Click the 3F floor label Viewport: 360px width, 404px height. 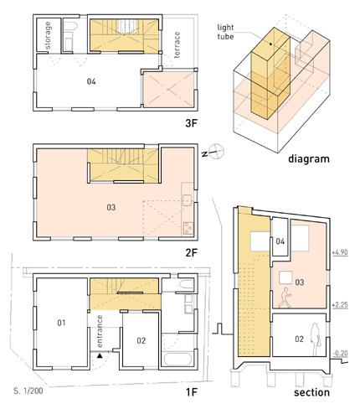(x=191, y=123)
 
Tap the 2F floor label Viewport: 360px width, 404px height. (x=191, y=253)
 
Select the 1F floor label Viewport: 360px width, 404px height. (x=192, y=392)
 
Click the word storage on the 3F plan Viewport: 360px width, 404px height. (x=48, y=35)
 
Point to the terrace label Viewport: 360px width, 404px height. (x=177, y=44)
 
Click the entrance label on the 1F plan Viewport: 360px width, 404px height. (x=100, y=331)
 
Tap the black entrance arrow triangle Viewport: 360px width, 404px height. (x=100, y=356)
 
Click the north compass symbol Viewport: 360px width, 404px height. (x=215, y=152)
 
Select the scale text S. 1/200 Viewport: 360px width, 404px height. (x=28, y=391)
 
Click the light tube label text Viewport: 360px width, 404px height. (x=225, y=32)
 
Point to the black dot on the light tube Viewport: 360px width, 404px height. (x=270, y=44)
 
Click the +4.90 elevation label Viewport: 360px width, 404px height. (x=340, y=252)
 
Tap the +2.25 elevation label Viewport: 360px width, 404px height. (x=340, y=304)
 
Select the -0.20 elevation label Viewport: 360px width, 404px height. (x=340, y=354)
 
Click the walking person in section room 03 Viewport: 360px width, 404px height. (x=285, y=298)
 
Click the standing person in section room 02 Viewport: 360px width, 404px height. (x=316, y=339)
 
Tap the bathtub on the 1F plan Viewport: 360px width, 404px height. (x=177, y=360)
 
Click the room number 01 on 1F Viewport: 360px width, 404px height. (x=61, y=323)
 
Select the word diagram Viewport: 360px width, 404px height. (x=309, y=159)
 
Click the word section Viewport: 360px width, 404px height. (x=311, y=392)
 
